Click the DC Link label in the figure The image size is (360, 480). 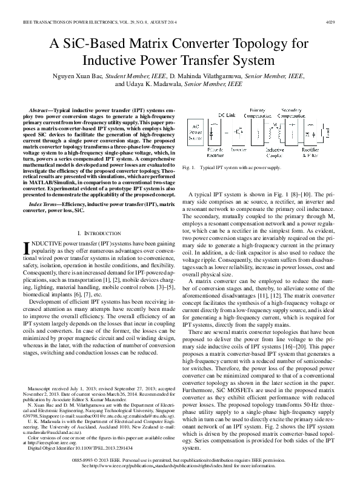click(227, 115)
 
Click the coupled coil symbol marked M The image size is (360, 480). click(276, 130)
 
